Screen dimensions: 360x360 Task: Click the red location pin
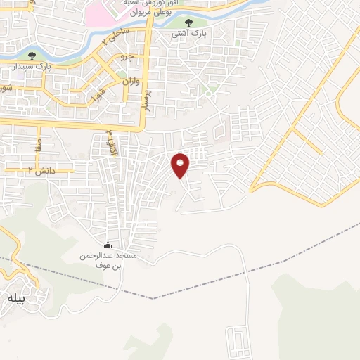click(x=181, y=165)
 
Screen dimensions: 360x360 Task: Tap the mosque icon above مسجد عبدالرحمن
click(x=108, y=245)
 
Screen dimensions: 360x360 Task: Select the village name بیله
click(x=15, y=298)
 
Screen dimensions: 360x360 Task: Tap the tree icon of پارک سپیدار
click(x=31, y=56)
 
